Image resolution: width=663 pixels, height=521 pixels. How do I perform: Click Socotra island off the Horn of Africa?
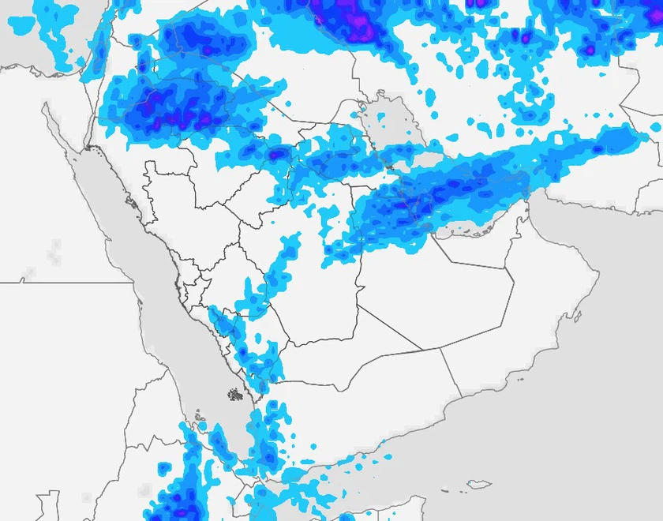479,484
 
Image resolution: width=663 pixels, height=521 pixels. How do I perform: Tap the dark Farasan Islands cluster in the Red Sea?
235,393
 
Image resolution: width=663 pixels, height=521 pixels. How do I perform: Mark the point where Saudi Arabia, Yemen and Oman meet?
439,347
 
